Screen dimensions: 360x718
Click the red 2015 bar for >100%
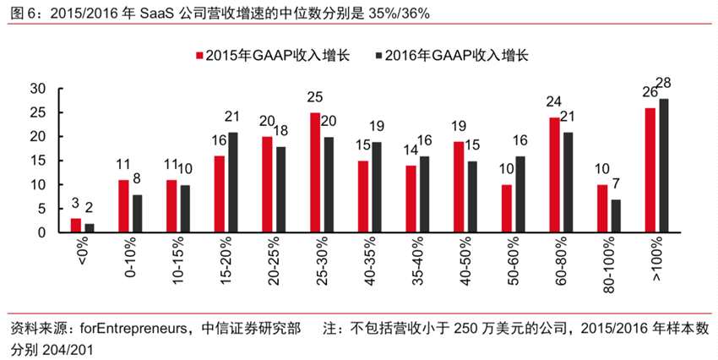(650, 169)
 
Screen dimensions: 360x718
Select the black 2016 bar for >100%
(664, 165)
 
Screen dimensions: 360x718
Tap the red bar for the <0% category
(76, 225)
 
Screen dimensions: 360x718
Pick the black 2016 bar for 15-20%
(232, 182)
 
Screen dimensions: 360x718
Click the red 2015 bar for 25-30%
(315, 172)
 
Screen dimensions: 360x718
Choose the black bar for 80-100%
(616, 215)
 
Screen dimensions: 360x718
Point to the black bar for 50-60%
(519, 194)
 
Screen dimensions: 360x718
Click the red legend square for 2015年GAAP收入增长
(199, 55)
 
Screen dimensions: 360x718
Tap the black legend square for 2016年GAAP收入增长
(378, 55)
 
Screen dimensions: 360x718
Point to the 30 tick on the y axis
(39, 89)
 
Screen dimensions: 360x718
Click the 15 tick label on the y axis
(39, 161)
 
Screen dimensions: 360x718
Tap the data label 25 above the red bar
(315, 97)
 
